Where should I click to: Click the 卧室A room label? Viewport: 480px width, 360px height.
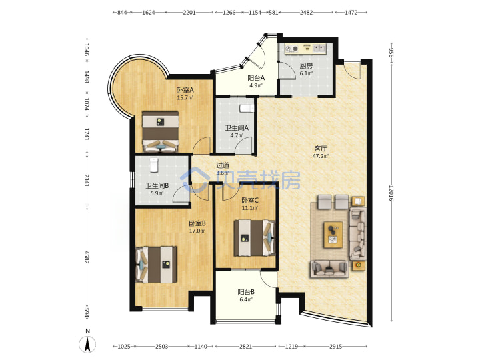coord(185,90)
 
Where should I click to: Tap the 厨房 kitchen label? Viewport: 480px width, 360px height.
coord(306,65)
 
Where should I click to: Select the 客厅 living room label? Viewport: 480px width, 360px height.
coord(321,149)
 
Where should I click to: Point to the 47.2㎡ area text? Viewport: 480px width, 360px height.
coord(321,156)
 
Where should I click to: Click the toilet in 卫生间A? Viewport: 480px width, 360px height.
coord(247,109)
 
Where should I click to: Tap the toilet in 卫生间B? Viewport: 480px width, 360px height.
coord(154,165)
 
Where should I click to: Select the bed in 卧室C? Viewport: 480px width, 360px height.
coord(255,238)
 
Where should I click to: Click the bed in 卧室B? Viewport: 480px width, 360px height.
coord(156,265)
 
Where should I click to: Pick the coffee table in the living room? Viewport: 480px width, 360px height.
coord(333,235)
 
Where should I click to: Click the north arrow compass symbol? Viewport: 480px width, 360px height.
coord(87,344)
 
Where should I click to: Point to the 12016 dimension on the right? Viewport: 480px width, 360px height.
coord(391,193)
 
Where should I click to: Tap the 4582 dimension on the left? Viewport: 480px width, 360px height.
coord(87,257)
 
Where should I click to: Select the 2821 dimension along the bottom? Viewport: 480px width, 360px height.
coord(245,346)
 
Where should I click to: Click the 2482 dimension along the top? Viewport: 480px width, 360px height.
coord(306,13)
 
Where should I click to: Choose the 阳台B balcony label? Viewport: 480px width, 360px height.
coord(246,292)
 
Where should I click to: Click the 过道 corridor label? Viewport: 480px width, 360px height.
coord(223,165)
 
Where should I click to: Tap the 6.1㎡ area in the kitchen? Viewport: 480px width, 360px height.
coord(306,73)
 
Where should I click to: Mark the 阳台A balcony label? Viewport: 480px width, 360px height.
coord(256,78)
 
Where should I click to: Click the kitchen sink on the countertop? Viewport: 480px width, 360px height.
coord(319,48)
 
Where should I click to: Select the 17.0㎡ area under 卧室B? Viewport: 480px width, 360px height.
coord(197,231)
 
